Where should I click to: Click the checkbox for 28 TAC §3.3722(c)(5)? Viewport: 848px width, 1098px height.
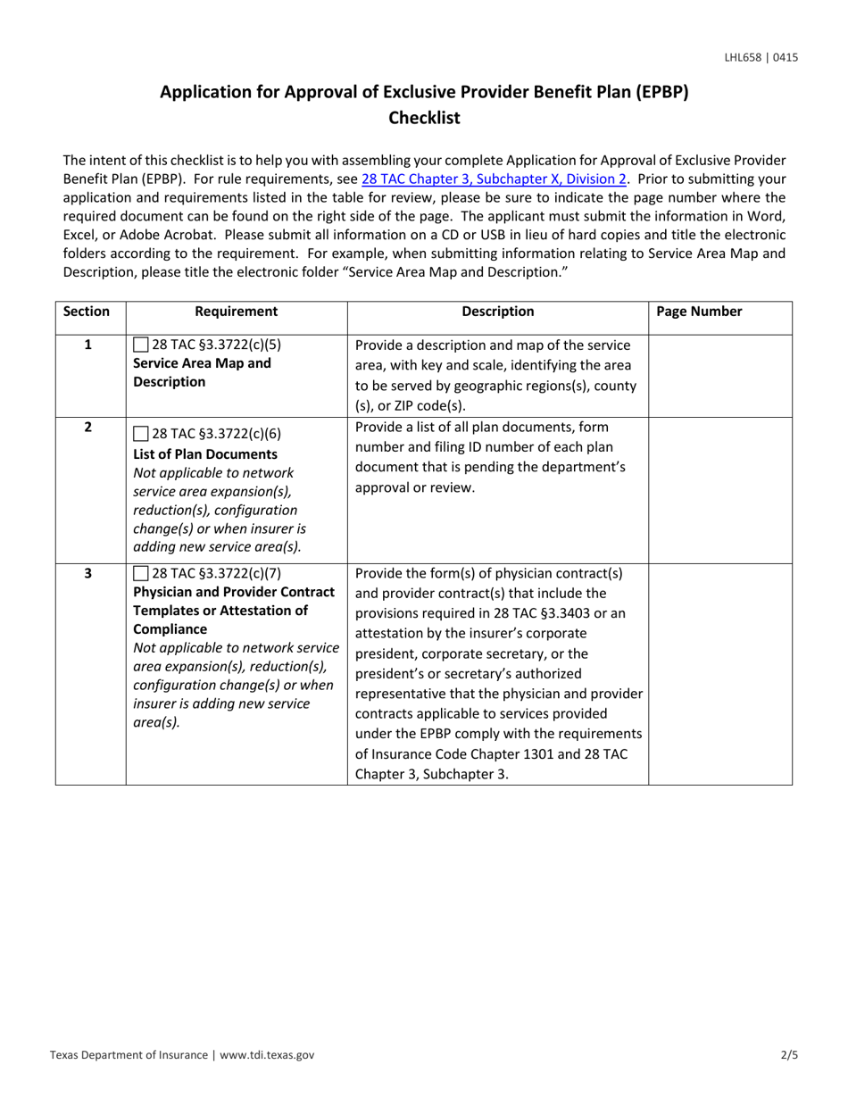pos(140,345)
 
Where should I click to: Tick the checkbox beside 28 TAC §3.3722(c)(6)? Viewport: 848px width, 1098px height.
pos(140,435)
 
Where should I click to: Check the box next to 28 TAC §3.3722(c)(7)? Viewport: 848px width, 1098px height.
pos(140,572)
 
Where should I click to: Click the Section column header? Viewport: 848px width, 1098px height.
pos(87,312)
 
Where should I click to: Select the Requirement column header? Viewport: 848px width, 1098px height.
pos(236,312)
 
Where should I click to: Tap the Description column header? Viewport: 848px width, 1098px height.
pos(498,312)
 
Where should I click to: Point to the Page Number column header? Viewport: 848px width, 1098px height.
pos(699,312)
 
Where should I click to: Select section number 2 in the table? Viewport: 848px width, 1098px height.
pos(87,427)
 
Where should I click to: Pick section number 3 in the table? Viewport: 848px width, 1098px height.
pos(87,572)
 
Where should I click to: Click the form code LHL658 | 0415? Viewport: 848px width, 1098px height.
pos(761,58)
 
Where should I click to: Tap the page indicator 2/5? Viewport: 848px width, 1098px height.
pos(789,1055)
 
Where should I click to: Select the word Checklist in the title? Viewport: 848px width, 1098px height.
pos(424,118)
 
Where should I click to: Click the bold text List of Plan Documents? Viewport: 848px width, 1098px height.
pos(204,453)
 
